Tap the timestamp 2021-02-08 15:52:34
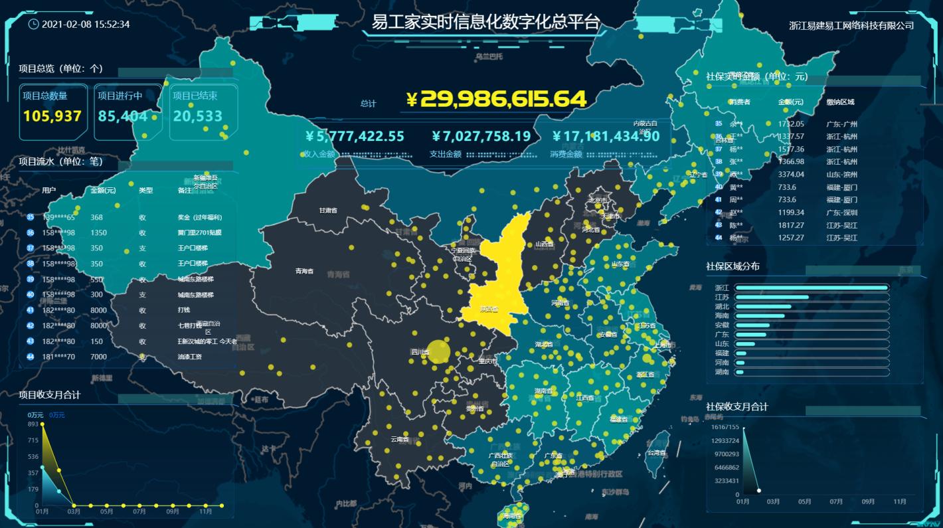[86, 25]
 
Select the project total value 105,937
[52, 116]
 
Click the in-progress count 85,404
[123, 116]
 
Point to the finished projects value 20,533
[198, 116]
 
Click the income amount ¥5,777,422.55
[355, 137]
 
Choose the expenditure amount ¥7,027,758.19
[481, 137]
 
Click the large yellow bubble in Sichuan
[438, 352]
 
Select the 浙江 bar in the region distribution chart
[812, 288]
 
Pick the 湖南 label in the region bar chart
[722, 372]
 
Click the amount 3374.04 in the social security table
[791, 175]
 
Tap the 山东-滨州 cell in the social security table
[841, 175]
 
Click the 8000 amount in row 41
[98, 310]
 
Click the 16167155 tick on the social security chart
[724, 427]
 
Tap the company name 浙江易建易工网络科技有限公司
[851, 26]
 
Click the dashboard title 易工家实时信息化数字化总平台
[485, 23]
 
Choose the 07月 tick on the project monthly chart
[139, 511]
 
